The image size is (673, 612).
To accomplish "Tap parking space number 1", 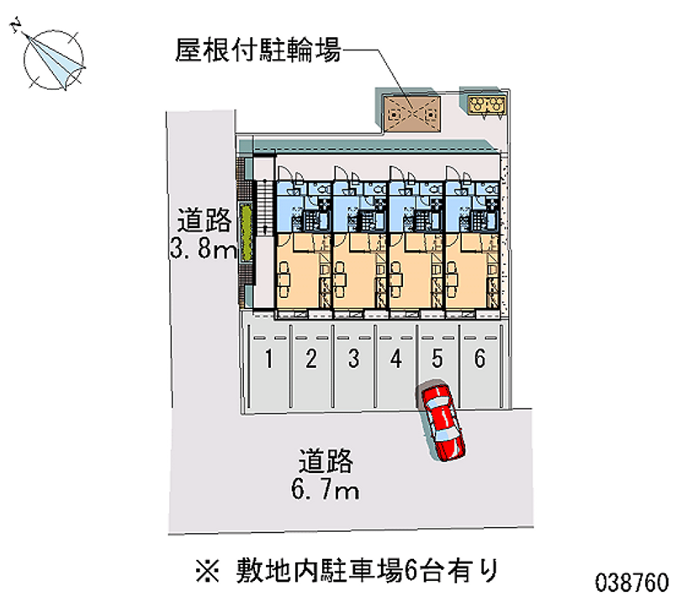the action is (269, 366).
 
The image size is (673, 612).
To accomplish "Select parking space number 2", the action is (311, 366).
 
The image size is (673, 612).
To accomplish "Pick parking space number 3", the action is (353, 366).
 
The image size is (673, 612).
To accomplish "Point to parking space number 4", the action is (395, 366).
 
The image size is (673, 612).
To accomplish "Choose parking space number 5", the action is (437, 366).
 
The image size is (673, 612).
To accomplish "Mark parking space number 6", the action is (480, 366).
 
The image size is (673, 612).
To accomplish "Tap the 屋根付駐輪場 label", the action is (257, 50).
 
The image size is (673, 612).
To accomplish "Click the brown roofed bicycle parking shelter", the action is (412, 114).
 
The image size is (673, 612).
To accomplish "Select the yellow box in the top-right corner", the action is (486, 105).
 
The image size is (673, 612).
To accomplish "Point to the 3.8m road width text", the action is (203, 247).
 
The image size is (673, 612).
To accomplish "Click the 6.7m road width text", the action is (325, 489).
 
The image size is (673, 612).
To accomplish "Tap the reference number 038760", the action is (632, 583).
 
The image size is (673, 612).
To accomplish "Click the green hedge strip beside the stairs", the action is (246, 232).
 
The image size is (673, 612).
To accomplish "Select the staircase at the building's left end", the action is (265, 207).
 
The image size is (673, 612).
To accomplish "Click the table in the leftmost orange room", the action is (284, 279).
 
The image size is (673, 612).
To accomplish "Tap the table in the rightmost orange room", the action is (453, 279).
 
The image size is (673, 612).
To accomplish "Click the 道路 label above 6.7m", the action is (326, 460).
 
